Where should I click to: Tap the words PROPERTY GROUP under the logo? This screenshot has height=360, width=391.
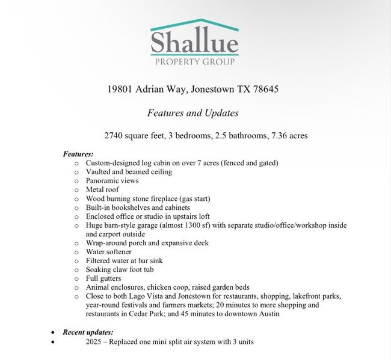click(195, 62)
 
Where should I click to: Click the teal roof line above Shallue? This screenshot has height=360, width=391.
click(195, 25)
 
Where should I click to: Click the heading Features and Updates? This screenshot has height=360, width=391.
click(192, 112)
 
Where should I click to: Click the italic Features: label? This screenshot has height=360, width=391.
click(78, 154)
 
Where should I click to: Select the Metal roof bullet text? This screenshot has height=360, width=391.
click(103, 189)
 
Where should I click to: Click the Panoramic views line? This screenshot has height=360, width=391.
click(112, 180)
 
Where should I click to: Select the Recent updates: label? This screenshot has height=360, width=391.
click(88, 332)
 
